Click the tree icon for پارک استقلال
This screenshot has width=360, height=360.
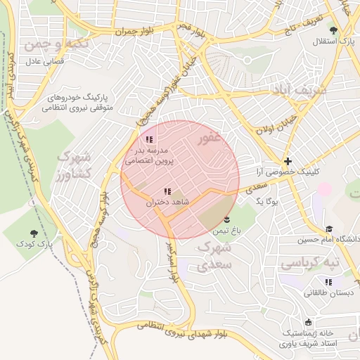[333, 30]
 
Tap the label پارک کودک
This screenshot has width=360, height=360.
[35, 244]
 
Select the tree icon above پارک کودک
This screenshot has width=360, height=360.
[34, 233]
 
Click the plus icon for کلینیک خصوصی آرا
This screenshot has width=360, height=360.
[288, 161]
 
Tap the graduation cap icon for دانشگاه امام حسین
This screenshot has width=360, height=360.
[329, 229]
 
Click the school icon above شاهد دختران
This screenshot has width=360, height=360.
[167, 191]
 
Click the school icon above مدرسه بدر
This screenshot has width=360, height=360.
[148, 140]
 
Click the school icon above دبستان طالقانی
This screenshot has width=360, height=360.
[328, 282]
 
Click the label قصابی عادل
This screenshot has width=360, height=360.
[44, 62]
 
